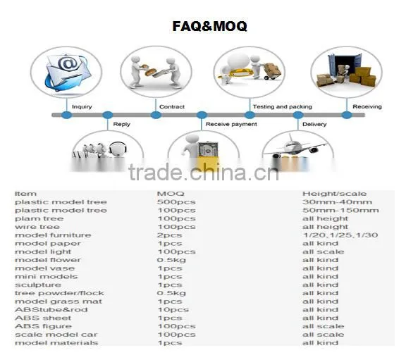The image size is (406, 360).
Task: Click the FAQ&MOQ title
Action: click(209, 26)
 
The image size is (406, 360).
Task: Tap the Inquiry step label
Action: click(82, 106)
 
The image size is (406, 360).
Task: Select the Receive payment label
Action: click(231, 124)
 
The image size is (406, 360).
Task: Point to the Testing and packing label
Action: click(283, 106)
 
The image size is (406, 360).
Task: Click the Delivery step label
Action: click(314, 124)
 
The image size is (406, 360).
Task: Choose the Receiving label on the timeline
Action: click(367, 106)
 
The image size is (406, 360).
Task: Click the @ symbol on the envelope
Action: click(68, 63)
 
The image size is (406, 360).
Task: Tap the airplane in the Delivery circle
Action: click(295, 147)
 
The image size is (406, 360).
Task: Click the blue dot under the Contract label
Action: click(156, 115)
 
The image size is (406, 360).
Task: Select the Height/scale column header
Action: click(334, 194)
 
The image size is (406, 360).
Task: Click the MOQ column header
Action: click(171, 194)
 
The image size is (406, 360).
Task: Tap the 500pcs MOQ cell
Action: click(176, 202)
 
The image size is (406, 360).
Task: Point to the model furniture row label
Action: click(53, 235)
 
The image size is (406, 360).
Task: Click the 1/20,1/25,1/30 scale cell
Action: click(340, 235)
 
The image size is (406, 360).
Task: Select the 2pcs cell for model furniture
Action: click(170, 235)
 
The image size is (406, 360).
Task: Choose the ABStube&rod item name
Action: click(51, 310)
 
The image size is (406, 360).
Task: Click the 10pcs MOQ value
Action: click(173, 310)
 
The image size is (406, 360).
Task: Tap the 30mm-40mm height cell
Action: click(337, 202)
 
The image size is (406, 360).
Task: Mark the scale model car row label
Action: click(56, 335)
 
